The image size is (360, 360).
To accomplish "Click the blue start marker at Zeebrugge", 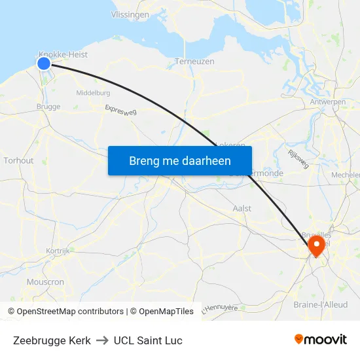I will click(x=44, y=63).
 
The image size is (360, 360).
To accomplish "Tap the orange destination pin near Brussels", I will click(x=316, y=246).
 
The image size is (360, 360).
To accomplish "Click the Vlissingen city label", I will click(x=130, y=14).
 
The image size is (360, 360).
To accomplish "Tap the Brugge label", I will click(x=48, y=107).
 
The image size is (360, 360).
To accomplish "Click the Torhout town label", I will click(x=18, y=160).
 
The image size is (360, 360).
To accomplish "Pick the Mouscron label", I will click(x=45, y=282).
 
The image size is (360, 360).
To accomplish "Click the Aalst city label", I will click(x=242, y=208).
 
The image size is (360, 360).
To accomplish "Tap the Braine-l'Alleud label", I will click(x=321, y=305).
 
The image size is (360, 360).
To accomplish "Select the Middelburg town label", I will click(x=93, y=93).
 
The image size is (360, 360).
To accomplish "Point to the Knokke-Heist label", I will click(x=63, y=55).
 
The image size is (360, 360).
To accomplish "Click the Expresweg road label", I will click(x=120, y=113).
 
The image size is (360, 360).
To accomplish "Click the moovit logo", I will click(x=320, y=339).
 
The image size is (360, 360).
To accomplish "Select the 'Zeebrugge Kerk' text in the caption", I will click(x=52, y=340).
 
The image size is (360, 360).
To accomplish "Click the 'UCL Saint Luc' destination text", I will click(x=148, y=340).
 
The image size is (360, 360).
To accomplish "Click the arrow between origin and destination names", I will click(x=102, y=340).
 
